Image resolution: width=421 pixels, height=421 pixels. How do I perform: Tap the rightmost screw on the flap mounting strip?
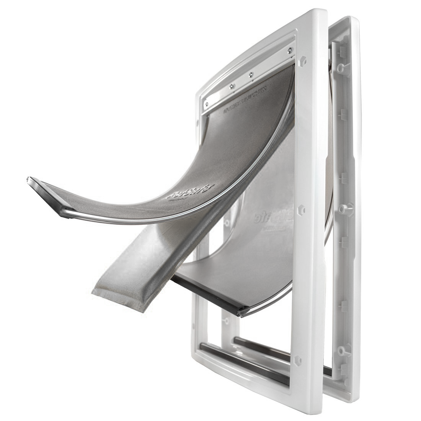point(290,49)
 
